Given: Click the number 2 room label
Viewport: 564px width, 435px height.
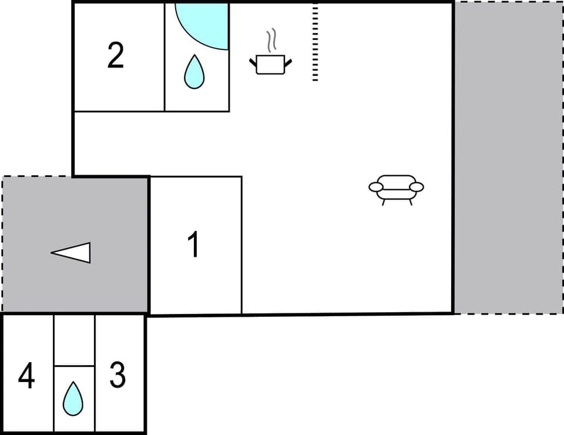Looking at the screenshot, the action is pyautogui.click(x=116, y=56).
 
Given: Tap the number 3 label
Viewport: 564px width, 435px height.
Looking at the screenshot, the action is pyautogui.click(x=117, y=375).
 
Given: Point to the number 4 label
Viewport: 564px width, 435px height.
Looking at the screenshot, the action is pyautogui.click(x=26, y=376).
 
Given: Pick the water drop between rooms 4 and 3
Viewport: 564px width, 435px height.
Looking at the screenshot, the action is pyautogui.click(x=73, y=398).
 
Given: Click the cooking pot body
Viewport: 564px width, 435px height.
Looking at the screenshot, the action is pyautogui.click(x=270, y=64).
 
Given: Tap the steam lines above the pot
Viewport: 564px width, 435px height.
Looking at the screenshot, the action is pyautogui.click(x=270, y=41).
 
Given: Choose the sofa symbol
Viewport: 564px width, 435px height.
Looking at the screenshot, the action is pyautogui.click(x=397, y=188).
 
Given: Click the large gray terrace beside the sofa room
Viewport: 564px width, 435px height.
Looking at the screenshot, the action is pyautogui.click(x=508, y=158).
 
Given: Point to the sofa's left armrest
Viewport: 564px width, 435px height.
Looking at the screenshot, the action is pyautogui.click(x=375, y=187).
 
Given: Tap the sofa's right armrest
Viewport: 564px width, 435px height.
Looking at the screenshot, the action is pyautogui.click(x=417, y=187).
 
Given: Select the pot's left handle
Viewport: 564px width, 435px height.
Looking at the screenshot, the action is pyautogui.click(x=253, y=61).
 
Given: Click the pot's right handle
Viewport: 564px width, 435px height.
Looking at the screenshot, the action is pyautogui.click(x=288, y=61).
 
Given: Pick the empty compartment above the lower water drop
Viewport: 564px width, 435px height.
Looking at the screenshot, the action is pyautogui.click(x=74, y=340).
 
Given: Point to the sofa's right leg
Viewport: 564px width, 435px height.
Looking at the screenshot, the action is pyautogui.click(x=411, y=202).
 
